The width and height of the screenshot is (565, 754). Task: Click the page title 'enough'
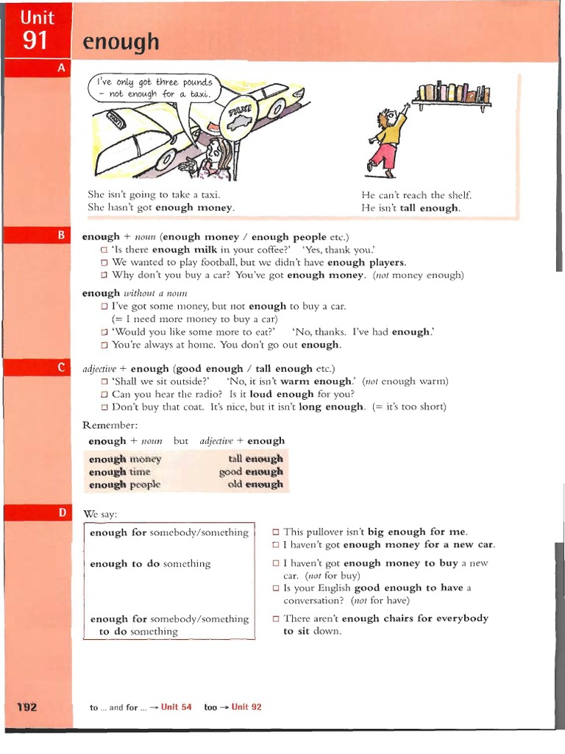coord(121,42)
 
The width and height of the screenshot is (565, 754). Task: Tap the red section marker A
coord(61,67)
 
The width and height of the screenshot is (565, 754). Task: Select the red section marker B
coord(61,236)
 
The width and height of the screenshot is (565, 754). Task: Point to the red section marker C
coord(61,367)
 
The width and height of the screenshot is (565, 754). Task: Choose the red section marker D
coord(61,512)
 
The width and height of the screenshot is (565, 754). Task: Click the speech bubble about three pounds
coord(153,88)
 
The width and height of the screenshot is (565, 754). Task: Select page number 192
coord(27,707)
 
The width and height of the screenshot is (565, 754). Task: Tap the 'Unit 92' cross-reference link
coord(246,707)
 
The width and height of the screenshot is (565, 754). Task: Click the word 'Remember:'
coord(110,426)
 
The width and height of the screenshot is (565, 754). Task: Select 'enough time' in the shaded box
coord(119,472)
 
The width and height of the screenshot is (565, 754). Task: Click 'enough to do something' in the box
coord(150,563)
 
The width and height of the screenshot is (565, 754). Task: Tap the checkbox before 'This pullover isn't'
coord(276,532)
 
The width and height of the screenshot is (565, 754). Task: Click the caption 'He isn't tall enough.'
coord(411,208)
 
